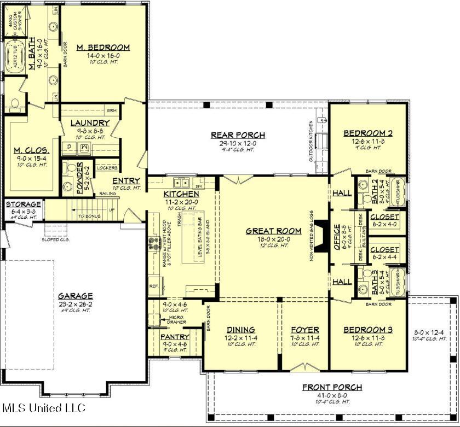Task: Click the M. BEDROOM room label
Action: [103, 47]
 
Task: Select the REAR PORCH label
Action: [238, 135]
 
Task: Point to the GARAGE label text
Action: [76, 296]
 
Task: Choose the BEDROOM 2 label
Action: [368, 133]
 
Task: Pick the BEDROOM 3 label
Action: [368, 330]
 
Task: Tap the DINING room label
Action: [241, 330]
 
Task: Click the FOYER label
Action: [304, 330]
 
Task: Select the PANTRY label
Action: [175, 337]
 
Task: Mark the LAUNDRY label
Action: [90, 123]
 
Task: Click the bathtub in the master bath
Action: [16, 58]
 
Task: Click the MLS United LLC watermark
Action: [44, 408]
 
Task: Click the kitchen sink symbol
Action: [180, 182]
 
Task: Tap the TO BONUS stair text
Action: [89, 217]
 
